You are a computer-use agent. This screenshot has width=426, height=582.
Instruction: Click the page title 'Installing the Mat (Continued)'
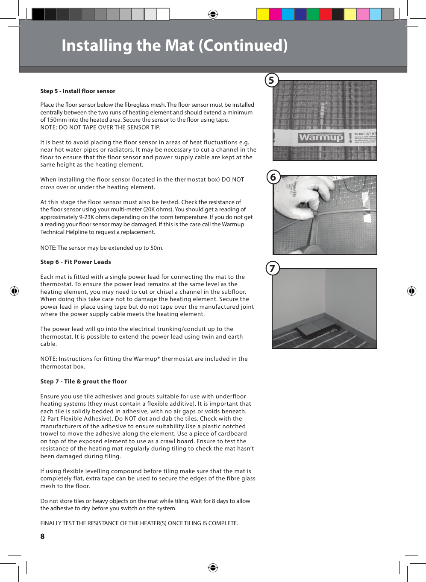coord(174,45)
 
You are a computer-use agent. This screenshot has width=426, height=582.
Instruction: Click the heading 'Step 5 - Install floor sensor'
coord(78,91)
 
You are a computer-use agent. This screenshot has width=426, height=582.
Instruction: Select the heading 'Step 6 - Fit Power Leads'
coord(76,262)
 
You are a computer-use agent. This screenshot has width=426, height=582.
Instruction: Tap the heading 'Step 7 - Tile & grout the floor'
coord(83,381)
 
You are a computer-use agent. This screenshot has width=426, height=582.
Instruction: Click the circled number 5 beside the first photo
coord(272,80)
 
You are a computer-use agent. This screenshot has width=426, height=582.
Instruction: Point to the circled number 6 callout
coord(273,177)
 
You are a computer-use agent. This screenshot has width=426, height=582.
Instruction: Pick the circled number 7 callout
coord(273,269)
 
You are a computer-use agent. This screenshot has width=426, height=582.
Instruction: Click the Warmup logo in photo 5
coord(321,137)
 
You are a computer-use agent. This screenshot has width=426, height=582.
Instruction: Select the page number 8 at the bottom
coord(42,536)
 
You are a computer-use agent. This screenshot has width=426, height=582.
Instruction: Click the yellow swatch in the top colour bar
coord(263,14)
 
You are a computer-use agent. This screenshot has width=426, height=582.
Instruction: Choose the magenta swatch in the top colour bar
coord(275,14)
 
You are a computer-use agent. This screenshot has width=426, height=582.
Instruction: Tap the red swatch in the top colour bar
coord(325,14)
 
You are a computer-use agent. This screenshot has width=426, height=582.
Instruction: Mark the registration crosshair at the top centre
coord(213,15)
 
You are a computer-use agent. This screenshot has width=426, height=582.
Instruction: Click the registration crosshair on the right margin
coord(411,291)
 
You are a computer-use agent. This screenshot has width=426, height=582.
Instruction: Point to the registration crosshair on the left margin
coord(14,291)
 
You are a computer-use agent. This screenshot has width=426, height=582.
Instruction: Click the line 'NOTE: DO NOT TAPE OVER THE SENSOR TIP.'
coord(100,127)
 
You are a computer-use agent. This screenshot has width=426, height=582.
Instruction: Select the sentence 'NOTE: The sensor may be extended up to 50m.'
coord(102,248)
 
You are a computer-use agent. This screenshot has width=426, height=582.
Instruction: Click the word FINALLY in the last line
coord(51,523)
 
